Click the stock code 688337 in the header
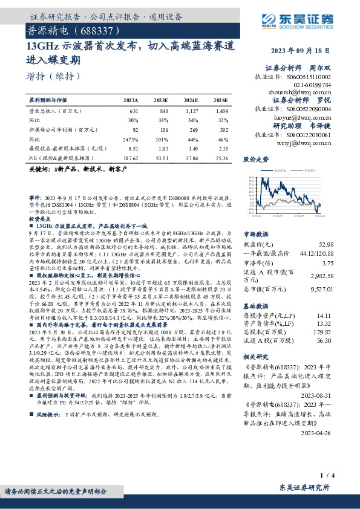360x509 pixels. tap(91, 29)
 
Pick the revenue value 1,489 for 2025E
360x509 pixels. tap(221, 111)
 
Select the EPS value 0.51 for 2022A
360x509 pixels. tap(133, 148)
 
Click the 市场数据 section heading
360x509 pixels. tap(257, 233)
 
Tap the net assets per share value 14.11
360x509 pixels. tap(326, 316)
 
